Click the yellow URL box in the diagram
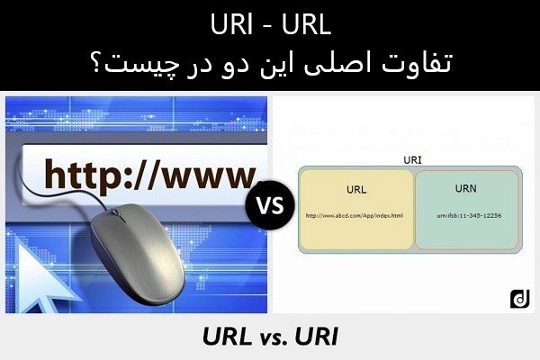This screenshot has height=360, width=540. (x=355, y=208)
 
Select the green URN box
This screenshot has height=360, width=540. (x=466, y=208)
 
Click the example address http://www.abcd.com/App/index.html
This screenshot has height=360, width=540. (x=355, y=216)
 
